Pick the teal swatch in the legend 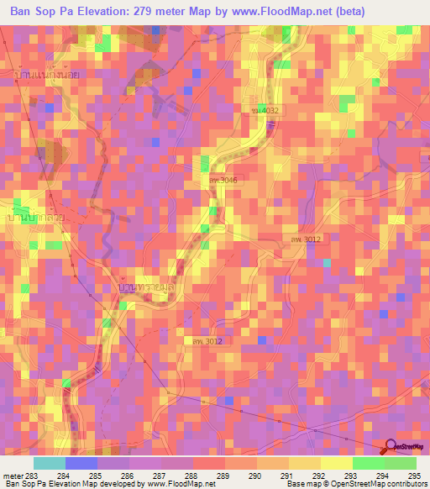pyautogui.click(x=50, y=463)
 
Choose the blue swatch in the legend pyautogui.click(x=81, y=463)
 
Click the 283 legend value pyautogui.click(x=32, y=476)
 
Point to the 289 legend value pyautogui.click(x=224, y=476)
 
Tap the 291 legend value pyautogui.click(x=288, y=476)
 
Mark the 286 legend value pyautogui.click(x=128, y=476)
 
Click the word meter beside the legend pyautogui.click(x=12, y=476)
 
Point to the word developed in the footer pyautogui.click(x=121, y=485)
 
